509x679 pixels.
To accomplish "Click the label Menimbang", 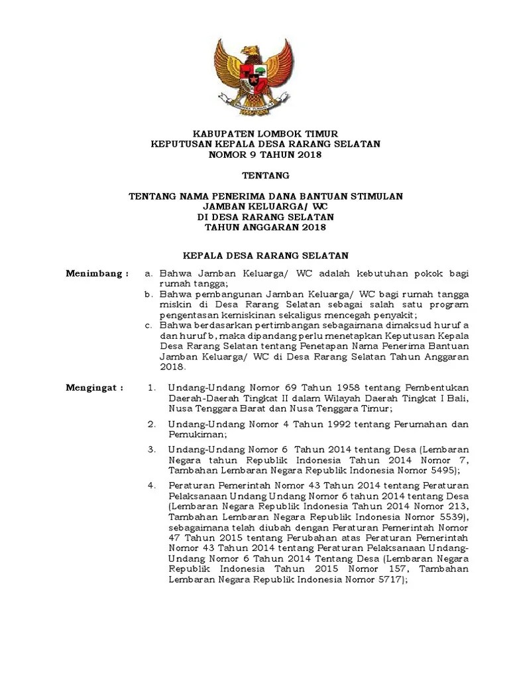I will click(96, 273).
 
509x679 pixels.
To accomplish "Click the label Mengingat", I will click(95, 387).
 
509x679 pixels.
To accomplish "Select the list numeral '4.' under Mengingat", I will click(152, 485).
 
